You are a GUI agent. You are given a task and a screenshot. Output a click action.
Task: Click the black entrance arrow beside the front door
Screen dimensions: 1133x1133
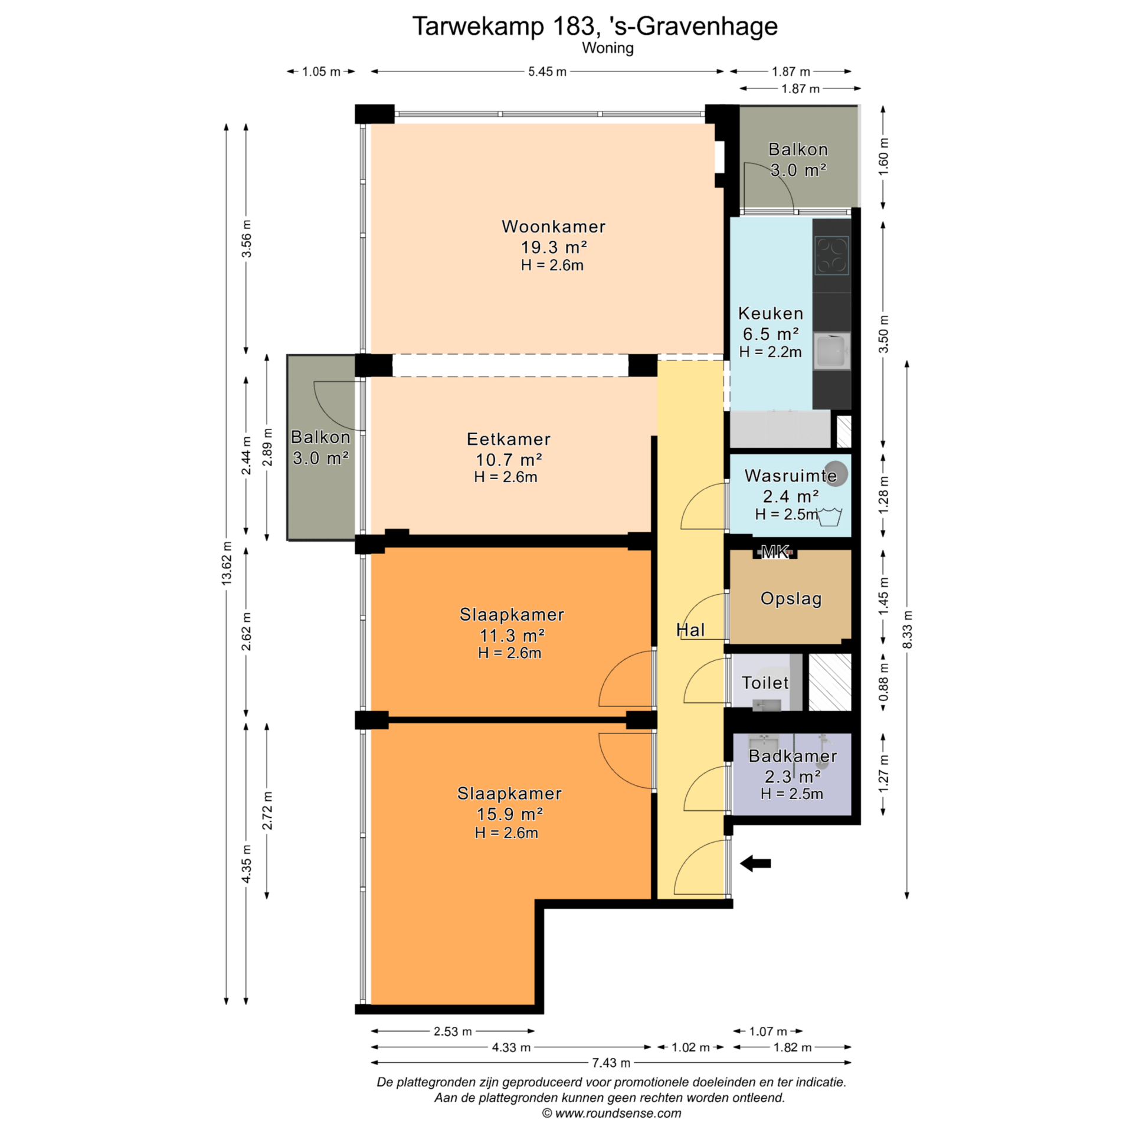click(755, 864)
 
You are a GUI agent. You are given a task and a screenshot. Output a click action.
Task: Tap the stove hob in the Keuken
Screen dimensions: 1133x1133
click(831, 256)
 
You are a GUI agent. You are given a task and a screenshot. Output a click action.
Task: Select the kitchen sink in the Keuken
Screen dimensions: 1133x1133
click(831, 351)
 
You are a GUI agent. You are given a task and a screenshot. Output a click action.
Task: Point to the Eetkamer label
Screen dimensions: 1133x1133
click(509, 439)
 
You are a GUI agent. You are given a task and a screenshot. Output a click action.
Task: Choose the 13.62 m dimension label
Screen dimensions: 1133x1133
click(227, 563)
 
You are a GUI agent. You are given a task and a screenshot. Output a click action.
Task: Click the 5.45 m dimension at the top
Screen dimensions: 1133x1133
click(547, 71)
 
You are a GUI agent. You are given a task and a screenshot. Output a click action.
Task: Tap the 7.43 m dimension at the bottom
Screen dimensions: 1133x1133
click(611, 1063)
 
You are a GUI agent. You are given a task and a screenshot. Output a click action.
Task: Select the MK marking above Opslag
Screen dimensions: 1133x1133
click(775, 552)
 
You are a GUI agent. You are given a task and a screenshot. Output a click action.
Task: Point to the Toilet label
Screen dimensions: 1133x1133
click(765, 683)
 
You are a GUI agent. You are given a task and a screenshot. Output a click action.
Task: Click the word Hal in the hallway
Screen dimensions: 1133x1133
click(690, 630)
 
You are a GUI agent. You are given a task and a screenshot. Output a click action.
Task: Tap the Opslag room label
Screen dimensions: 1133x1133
click(791, 599)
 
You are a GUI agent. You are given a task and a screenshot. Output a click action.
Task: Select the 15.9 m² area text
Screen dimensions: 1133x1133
click(510, 814)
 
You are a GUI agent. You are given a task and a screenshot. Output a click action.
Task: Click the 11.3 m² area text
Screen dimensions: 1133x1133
click(512, 636)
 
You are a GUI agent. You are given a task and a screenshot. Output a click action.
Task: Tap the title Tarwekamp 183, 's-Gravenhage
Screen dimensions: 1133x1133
click(595, 26)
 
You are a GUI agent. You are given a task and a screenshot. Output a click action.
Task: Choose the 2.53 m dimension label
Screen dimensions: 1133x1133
click(453, 1031)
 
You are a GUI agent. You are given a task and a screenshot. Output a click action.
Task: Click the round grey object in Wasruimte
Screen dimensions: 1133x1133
click(836, 473)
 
